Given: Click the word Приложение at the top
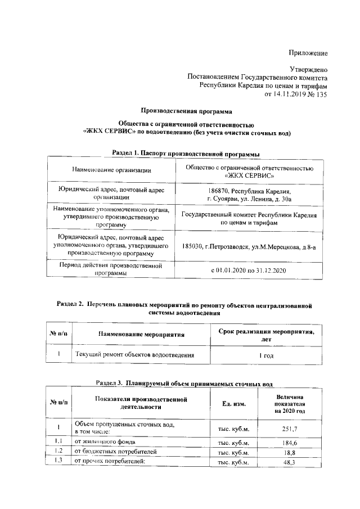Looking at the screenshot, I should tap(308, 53).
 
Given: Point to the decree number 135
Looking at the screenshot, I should tap(320, 94).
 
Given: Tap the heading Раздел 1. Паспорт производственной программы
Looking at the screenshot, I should tap(186, 152).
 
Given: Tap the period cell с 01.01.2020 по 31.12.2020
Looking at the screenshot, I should tap(249, 271).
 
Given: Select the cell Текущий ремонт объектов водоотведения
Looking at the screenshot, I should tap(135, 355).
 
